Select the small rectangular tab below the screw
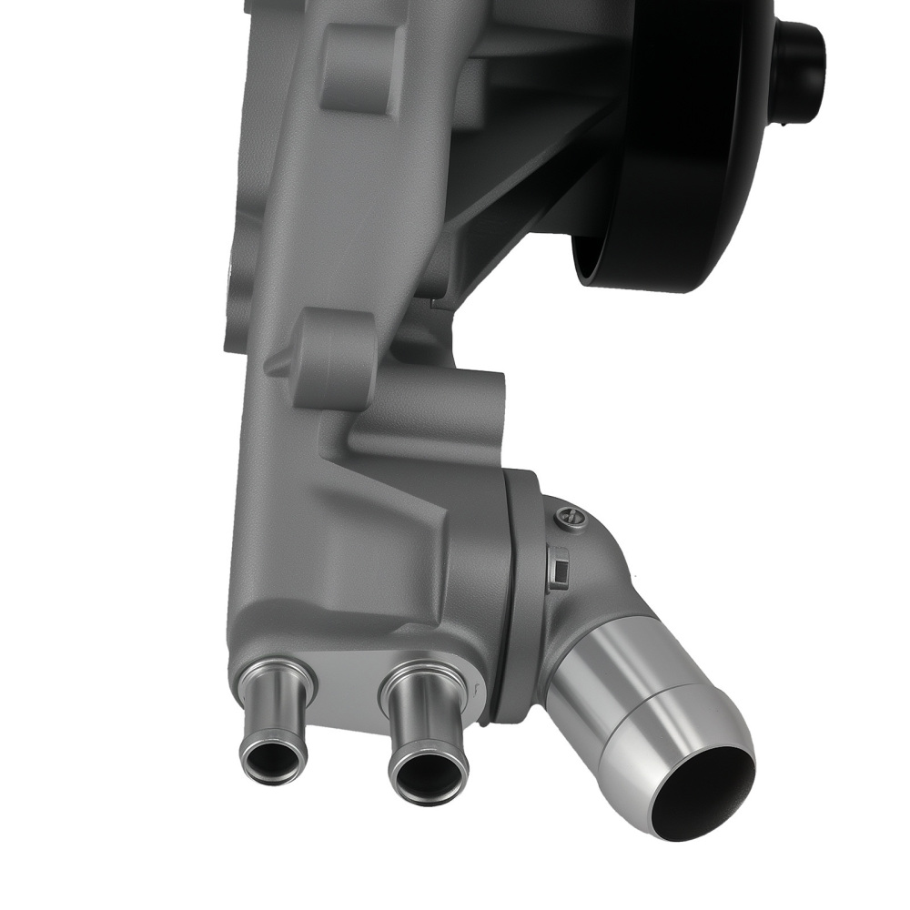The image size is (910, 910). (x=559, y=571)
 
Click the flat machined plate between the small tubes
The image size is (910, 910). (x=350, y=692)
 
